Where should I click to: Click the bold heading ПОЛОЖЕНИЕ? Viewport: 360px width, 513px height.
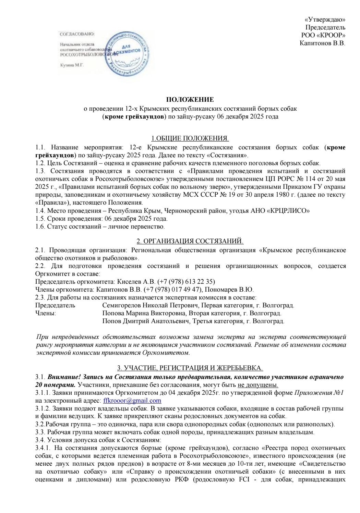point(190,100)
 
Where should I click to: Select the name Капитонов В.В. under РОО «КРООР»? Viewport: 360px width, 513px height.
point(322,43)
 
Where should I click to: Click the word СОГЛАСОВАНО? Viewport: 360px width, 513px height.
point(77,34)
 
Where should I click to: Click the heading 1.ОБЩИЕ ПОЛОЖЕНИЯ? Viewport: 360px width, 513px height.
point(190,139)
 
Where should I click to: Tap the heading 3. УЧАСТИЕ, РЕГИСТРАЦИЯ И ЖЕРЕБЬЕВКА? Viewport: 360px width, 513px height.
point(190,368)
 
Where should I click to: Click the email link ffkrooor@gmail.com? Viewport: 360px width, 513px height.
point(132,401)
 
